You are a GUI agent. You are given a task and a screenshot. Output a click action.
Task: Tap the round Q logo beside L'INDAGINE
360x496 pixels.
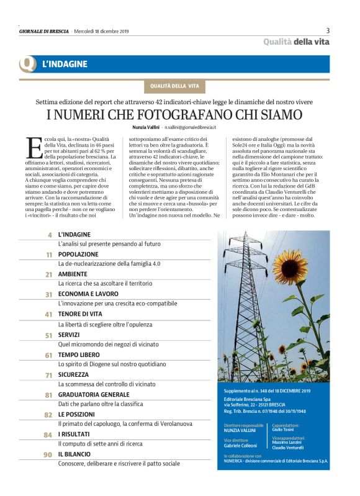[27, 64]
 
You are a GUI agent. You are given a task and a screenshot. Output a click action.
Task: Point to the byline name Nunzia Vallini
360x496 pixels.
[146, 127]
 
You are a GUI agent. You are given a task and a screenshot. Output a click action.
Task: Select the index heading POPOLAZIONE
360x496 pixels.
[78, 254]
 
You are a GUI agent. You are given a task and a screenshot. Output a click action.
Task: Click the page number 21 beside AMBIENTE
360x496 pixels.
[48, 274]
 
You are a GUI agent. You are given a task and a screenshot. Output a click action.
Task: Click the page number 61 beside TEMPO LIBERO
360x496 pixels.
[48, 355]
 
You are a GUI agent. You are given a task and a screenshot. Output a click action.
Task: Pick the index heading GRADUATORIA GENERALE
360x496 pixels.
[94, 394]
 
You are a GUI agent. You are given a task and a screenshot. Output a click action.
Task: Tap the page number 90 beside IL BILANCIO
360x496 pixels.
[47, 455]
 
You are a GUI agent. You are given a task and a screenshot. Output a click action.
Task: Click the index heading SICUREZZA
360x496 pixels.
[74, 374]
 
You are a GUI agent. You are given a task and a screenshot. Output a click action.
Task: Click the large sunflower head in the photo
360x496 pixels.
[290, 265]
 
